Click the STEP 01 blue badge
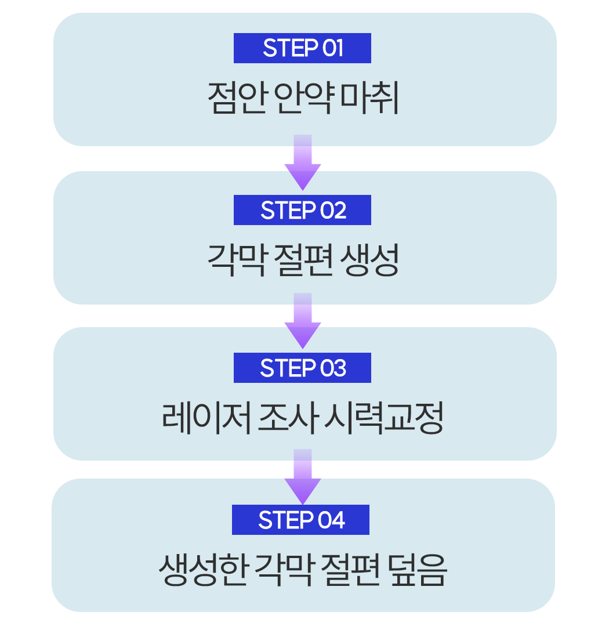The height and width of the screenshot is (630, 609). (302, 48)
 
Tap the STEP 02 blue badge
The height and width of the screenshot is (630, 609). (302, 210)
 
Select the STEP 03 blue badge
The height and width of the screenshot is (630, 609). (302, 368)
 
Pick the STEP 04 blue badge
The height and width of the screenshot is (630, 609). (300, 520)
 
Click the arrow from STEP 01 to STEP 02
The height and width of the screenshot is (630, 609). (303, 162)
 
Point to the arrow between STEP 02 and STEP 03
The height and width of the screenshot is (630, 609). (303, 321)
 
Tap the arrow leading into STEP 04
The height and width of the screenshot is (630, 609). (303, 476)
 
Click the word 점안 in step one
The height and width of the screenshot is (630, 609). (238, 97)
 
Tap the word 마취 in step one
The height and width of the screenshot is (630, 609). (369, 97)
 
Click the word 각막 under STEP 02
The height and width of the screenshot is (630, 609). (237, 260)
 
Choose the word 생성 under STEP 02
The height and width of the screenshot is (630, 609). (369, 260)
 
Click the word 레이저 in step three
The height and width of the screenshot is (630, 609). (206, 418)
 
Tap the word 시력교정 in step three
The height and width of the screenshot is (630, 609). (383, 418)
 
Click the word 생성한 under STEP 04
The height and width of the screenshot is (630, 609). (202, 570)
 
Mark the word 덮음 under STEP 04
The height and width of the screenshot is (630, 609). (417, 570)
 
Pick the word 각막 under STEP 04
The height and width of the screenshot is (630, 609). (284, 570)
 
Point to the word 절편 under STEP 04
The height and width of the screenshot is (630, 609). (350, 570)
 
